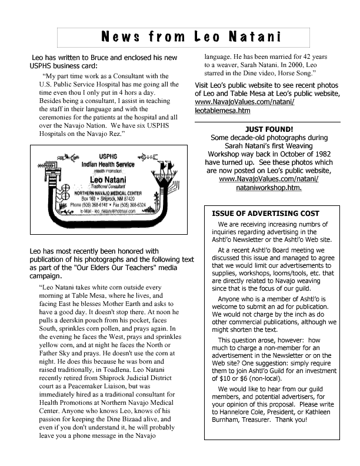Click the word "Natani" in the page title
coord(244,37)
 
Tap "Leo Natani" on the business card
coord(110,179)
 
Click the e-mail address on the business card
coord(109,209)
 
